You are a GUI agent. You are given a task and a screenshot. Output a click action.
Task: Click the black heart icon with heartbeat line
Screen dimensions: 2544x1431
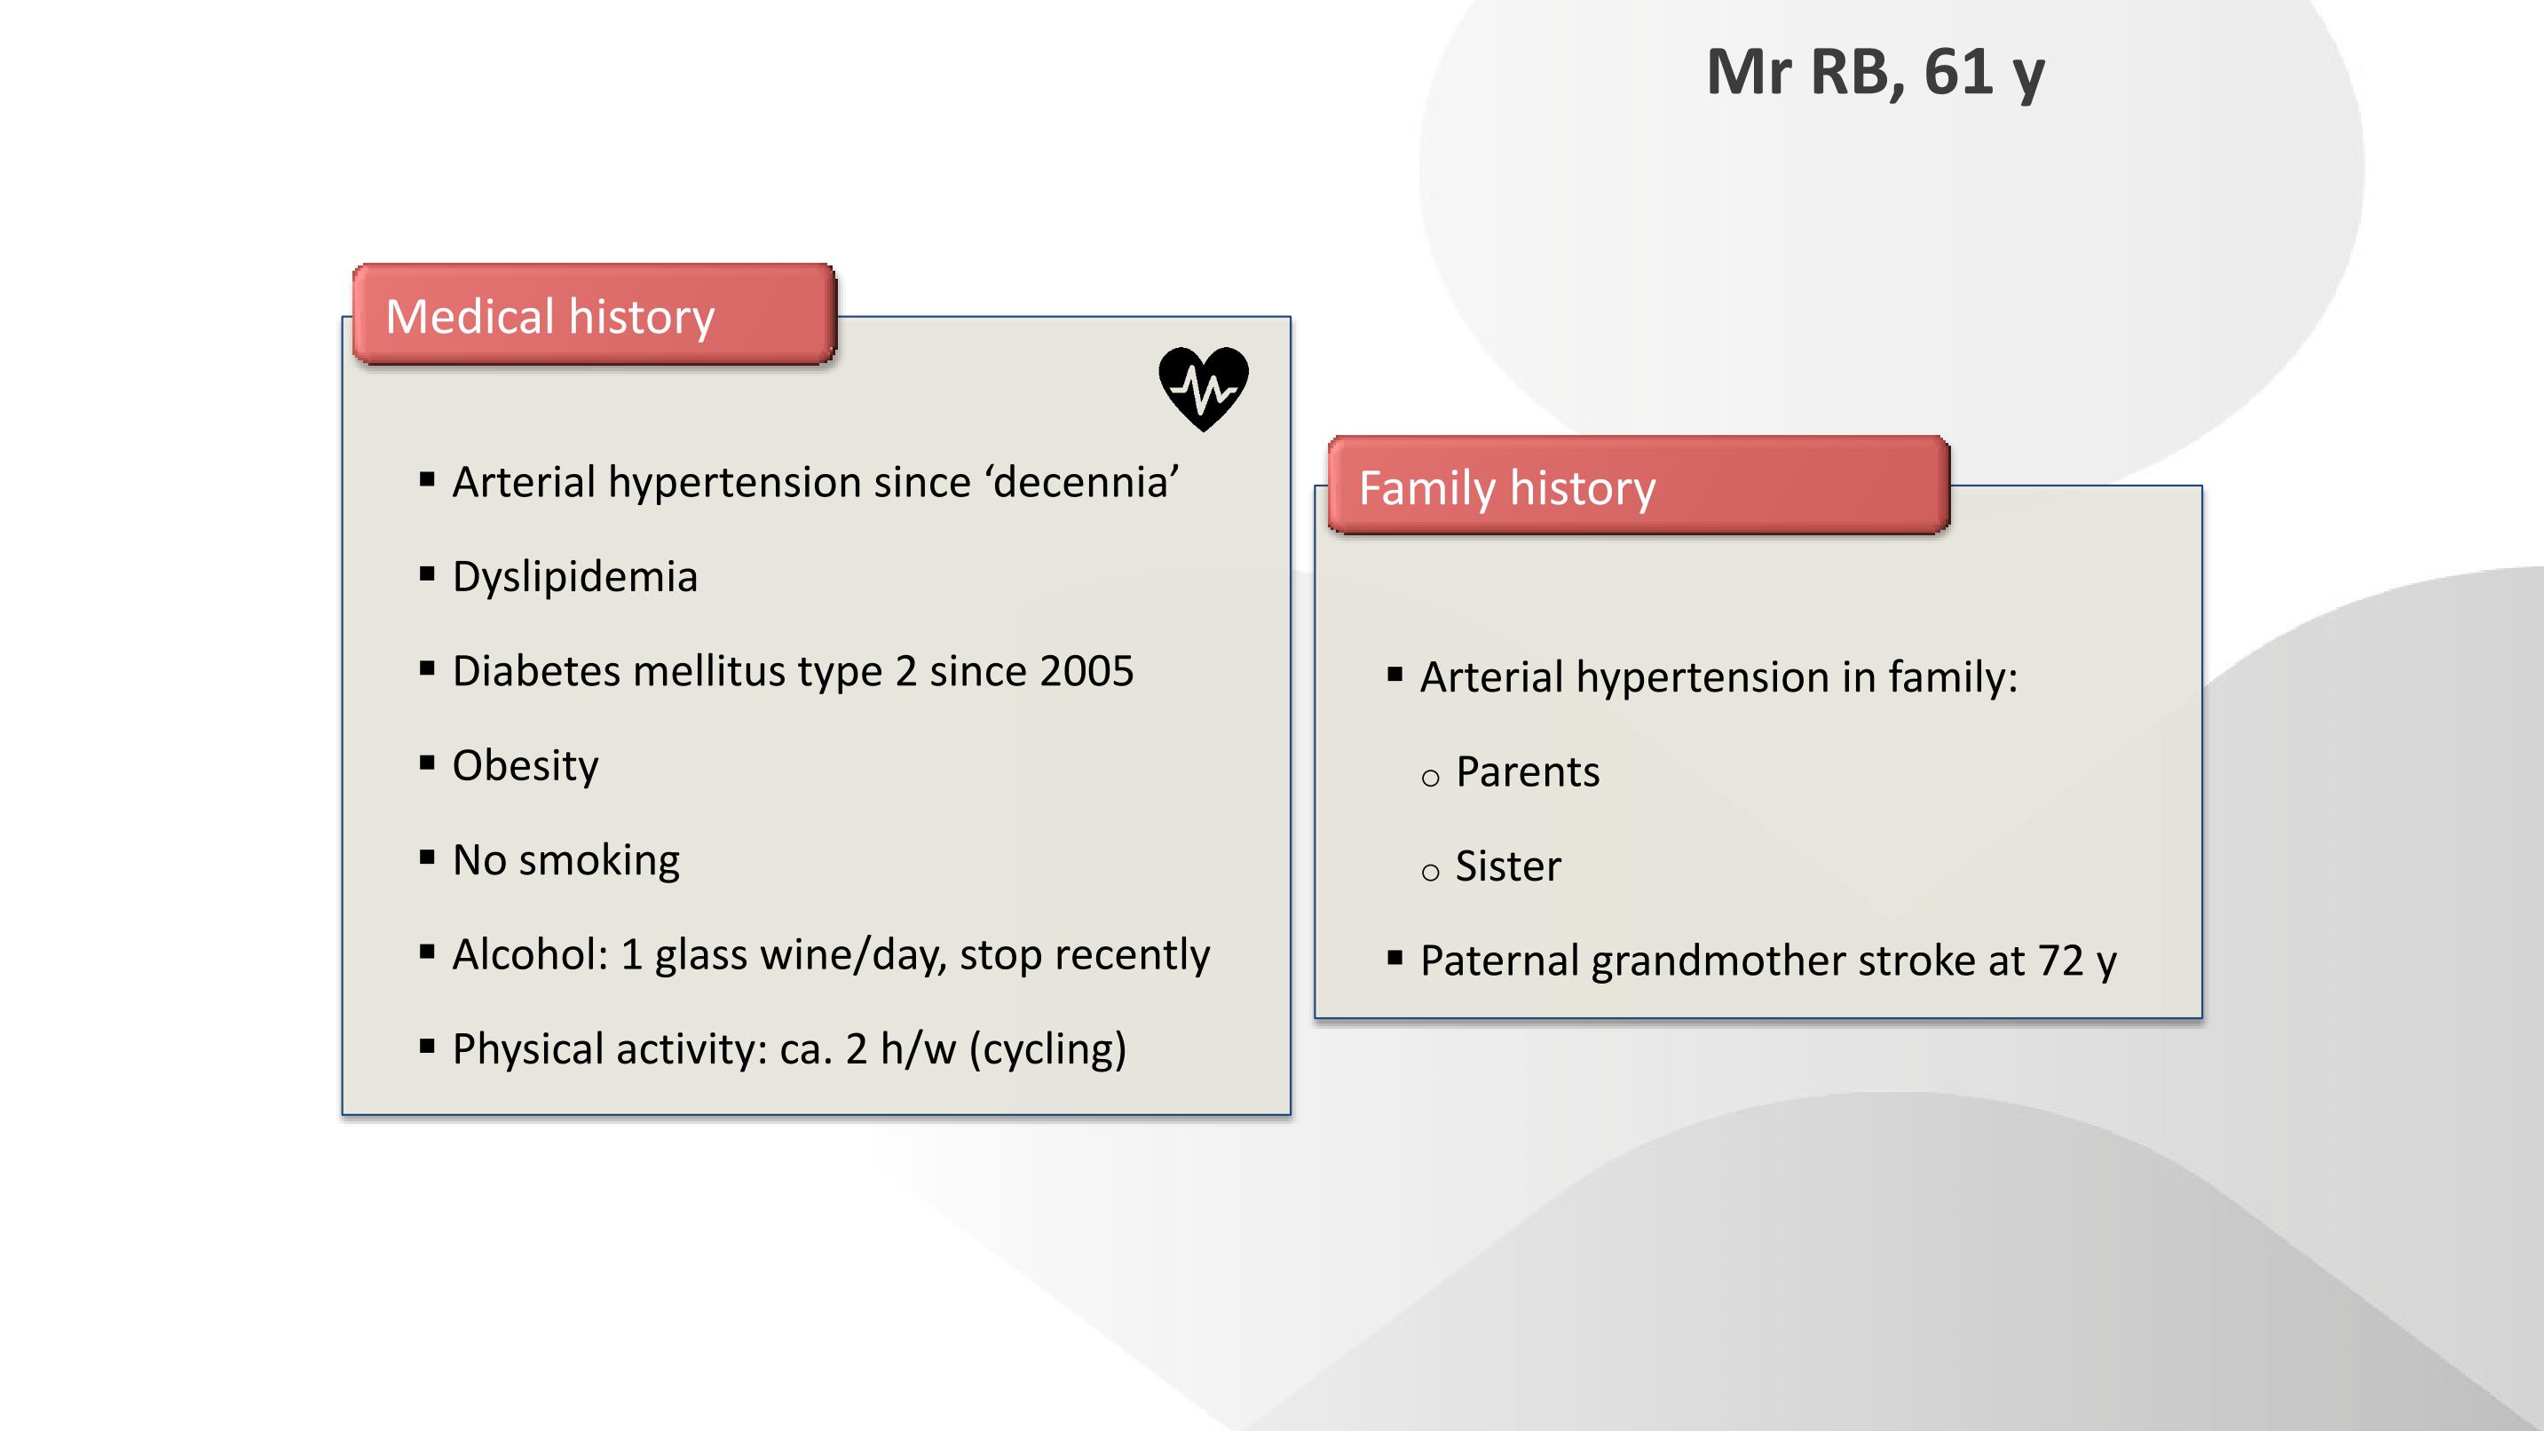1203,389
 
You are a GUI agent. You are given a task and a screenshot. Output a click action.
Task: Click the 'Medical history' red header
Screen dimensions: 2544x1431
595,314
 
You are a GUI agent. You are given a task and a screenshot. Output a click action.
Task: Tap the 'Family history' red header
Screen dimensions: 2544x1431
1639,485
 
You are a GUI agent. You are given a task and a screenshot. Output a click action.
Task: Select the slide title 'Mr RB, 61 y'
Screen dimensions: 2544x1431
1876,72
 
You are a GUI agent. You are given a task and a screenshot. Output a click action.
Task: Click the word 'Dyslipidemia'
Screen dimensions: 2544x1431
575,577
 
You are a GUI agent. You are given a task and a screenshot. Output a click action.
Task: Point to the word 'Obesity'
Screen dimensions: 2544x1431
525,766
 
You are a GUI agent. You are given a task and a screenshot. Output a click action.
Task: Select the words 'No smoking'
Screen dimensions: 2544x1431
566,860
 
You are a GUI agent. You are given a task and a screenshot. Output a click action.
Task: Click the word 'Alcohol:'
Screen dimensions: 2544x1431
530,954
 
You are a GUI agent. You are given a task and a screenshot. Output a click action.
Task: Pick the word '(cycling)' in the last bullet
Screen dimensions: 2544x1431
1047,1048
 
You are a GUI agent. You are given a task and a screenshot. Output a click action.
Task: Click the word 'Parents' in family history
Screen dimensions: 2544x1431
1528,772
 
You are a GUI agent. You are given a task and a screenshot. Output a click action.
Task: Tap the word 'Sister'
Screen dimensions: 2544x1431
1508,866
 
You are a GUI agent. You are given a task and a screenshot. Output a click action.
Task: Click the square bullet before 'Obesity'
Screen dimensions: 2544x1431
427,763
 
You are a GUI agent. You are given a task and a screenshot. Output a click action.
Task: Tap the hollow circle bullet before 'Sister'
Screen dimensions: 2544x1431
1430,872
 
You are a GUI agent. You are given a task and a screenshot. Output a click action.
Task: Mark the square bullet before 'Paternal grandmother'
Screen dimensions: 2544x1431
1394,957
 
